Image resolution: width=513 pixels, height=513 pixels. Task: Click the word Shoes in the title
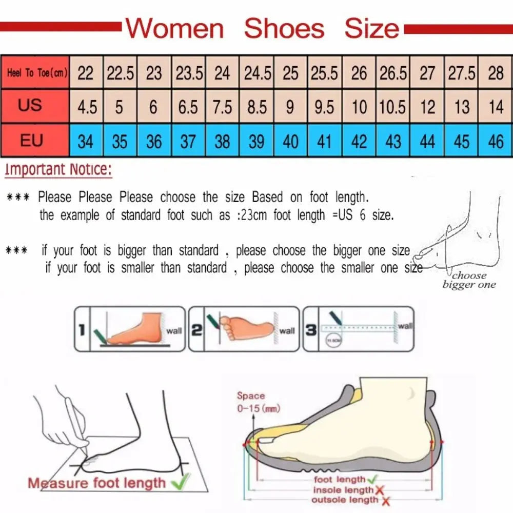pos(284,29)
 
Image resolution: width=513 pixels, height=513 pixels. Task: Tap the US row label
pos(30,106)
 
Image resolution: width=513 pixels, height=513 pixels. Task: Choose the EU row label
pos(31,140)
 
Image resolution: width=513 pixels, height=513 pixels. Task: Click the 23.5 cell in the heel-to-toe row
pos(189,73)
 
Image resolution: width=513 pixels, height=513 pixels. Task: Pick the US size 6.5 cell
pos(188,107)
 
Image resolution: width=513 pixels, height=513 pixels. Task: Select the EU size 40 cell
pos(290,141)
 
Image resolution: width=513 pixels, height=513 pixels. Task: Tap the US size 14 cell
pos(496,107)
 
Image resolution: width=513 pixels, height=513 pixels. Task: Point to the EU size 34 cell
pos(86,141)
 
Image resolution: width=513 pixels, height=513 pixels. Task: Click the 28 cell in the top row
pos(496,73)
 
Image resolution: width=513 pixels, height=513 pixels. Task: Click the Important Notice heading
pos(58,170)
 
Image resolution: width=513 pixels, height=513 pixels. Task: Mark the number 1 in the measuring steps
pos(82,330)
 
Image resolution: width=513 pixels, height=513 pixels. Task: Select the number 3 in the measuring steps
pos(311,330)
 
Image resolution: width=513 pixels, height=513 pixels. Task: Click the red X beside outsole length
pos(385,501)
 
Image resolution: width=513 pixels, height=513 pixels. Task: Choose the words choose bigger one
pos(469,280)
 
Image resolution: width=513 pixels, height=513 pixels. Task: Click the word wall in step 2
pos(287,331)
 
